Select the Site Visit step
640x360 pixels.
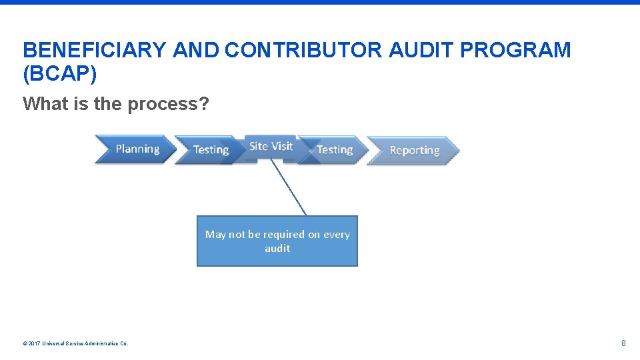click(x=271, y=147)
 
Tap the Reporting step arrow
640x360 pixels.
click(x=414, y=150)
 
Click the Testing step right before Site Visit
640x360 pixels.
click(x=210, y=150)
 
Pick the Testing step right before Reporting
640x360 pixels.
click(x=334, y=150)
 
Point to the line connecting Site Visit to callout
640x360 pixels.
click(x=289, y=187)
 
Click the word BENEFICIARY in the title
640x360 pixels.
click(x=95, y=50)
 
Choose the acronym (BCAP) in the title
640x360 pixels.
click(x=60, y=74)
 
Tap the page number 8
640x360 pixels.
click(x=623, y=343)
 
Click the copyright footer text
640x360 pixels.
click(x=75, y=343)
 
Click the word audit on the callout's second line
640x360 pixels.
click(x=277, y=248)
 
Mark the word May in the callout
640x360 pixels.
click(x=215, y=234)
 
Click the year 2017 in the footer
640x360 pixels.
click(x=34, y=343)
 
